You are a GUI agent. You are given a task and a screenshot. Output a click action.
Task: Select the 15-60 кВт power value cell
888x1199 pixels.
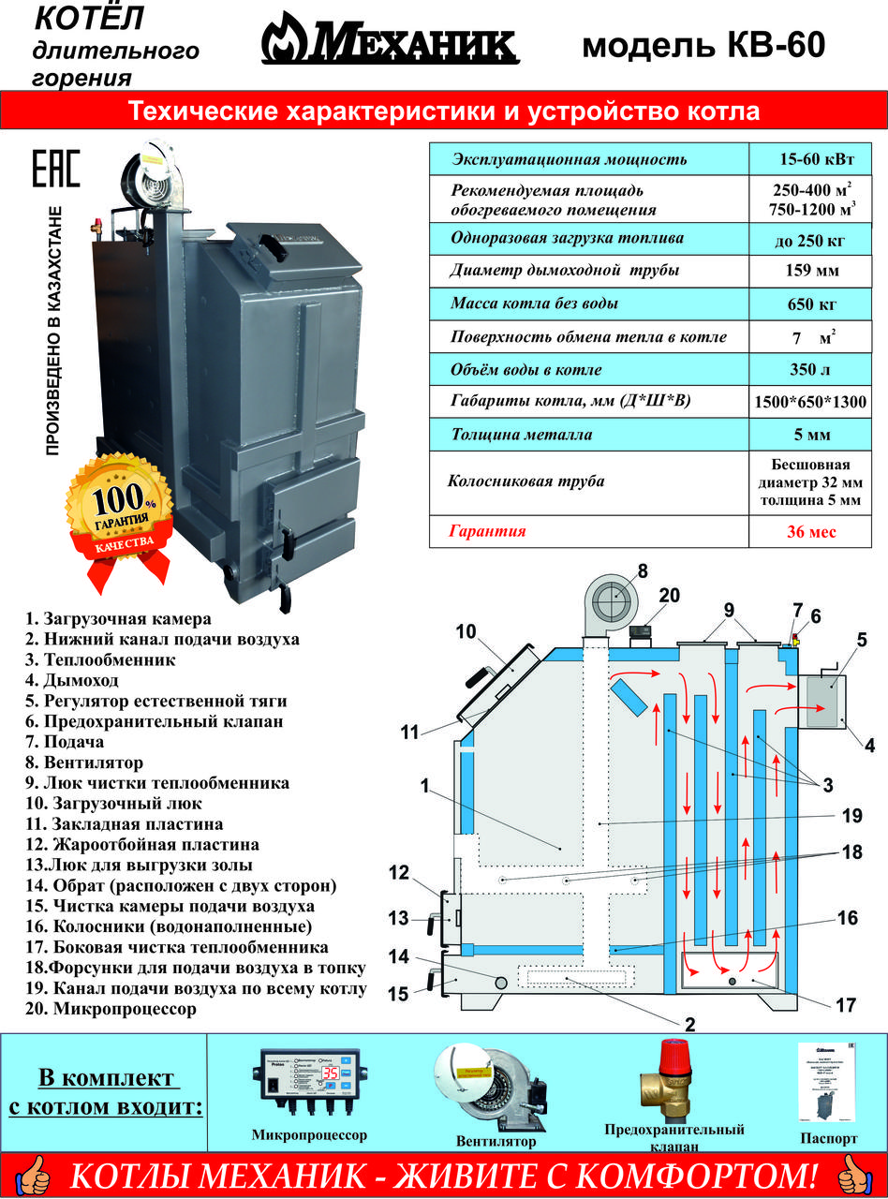point(810,158)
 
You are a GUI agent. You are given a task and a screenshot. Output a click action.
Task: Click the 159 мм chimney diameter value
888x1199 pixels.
point(810,272)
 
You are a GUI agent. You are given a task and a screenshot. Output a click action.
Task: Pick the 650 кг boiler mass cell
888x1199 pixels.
point(810,304)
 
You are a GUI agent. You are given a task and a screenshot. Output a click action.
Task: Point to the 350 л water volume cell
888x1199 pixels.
point(810,369)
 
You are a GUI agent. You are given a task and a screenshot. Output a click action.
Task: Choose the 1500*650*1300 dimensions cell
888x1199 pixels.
point(810,403)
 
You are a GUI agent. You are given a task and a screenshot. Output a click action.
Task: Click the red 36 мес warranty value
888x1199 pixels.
point(810,531)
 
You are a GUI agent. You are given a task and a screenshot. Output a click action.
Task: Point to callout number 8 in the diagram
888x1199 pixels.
point(643,570)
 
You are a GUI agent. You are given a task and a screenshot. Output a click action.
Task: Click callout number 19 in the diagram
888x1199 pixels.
point(851,816)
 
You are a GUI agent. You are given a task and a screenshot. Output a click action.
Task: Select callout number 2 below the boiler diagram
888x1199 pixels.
point(689,1024)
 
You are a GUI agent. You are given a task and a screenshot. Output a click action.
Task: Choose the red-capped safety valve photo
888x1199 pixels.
point(671,1077)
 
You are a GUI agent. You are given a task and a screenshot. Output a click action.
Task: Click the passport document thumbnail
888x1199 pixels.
point(828,1082)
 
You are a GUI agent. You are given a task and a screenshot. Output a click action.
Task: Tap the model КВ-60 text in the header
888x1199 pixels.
point(703,45)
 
